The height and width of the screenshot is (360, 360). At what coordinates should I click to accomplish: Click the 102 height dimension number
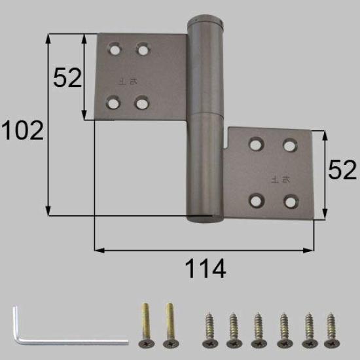tap(22, 131)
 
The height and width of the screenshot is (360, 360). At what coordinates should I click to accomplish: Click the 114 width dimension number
tap(204, 268)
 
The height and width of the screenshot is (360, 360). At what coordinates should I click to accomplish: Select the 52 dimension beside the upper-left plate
tap(67, 78)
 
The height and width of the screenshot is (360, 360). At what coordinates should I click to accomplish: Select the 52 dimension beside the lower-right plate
tap(342, 171)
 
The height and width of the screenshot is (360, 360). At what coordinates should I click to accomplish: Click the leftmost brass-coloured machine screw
tap(145, 325)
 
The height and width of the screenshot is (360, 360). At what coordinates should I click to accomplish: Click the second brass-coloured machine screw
tap(170, 325)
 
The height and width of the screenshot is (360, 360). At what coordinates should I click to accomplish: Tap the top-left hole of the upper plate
tap(115, 48)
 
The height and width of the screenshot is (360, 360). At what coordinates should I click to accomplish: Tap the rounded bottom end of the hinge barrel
tap(205, 219)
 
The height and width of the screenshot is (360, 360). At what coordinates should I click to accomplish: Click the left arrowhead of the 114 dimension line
tap(98, 249)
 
